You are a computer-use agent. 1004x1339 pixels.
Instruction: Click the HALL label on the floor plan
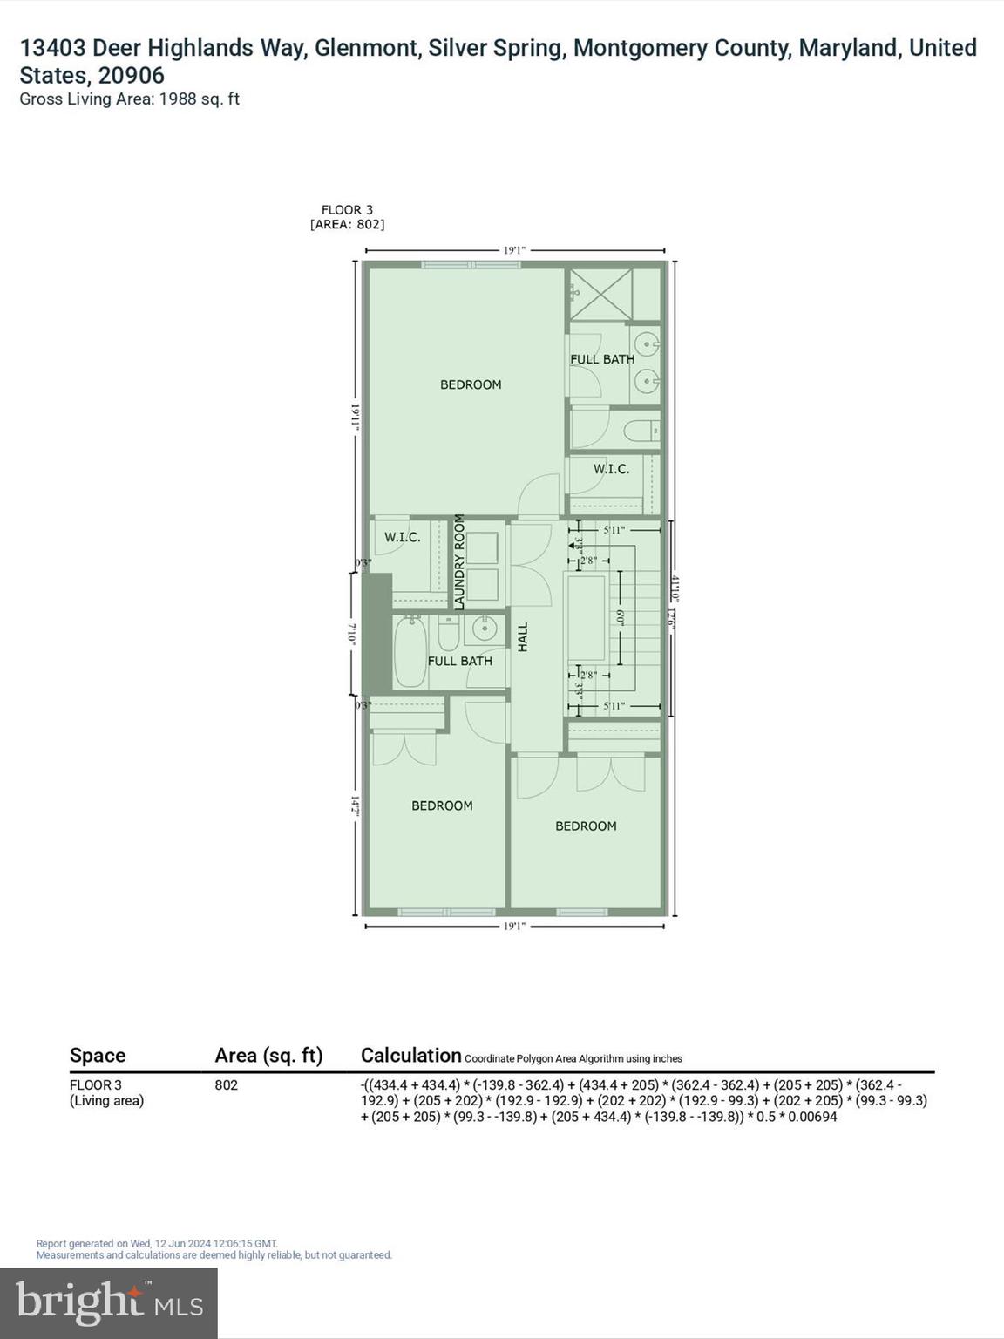click(523, 636)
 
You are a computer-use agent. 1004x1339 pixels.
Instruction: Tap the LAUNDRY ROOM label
click(459, 561)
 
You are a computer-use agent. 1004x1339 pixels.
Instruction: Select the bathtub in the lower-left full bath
click(410, 652)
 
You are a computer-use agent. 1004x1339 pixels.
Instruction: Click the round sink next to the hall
click(485, 628)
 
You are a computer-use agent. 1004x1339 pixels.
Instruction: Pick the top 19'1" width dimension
click(514, 250)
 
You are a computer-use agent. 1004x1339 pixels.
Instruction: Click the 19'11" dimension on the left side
click(356, 414)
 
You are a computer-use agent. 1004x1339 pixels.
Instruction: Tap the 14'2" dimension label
click(356, 805)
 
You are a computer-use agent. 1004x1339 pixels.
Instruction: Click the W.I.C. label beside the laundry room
click(403, 537)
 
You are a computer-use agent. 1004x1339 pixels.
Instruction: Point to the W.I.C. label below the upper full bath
click(611, 469)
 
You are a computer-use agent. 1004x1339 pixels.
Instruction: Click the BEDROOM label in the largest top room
click(471, 384)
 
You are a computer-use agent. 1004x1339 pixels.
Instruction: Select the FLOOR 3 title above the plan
click(347, 210)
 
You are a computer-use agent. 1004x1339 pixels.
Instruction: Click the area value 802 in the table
click(226, 1085)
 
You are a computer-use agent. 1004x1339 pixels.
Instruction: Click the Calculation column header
click(410, 1056)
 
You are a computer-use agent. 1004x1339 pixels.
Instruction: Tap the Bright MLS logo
click(109, 1302)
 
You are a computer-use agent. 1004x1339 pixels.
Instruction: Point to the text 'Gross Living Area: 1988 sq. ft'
click(129, 99)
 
